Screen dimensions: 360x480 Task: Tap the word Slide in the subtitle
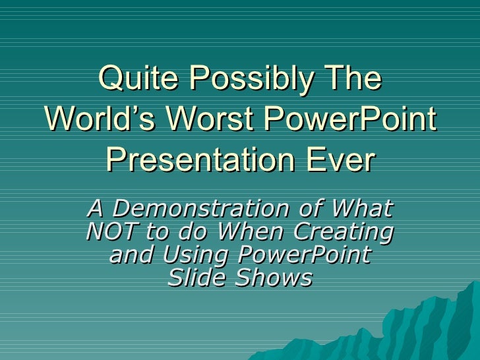pyautogui.click(x=194, y=278)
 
